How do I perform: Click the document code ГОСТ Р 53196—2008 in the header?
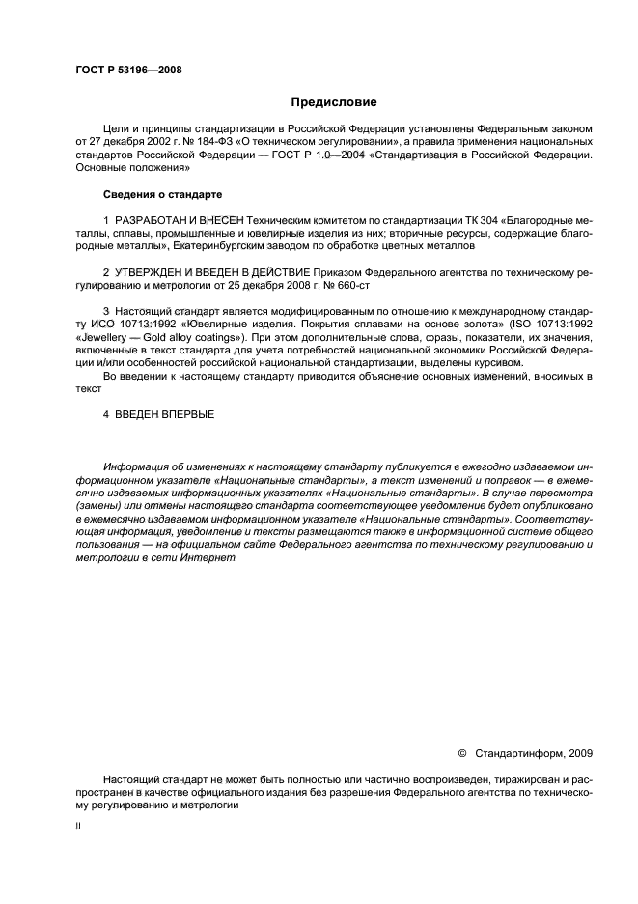point(128,70)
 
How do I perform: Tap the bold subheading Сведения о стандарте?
point(157,194)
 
